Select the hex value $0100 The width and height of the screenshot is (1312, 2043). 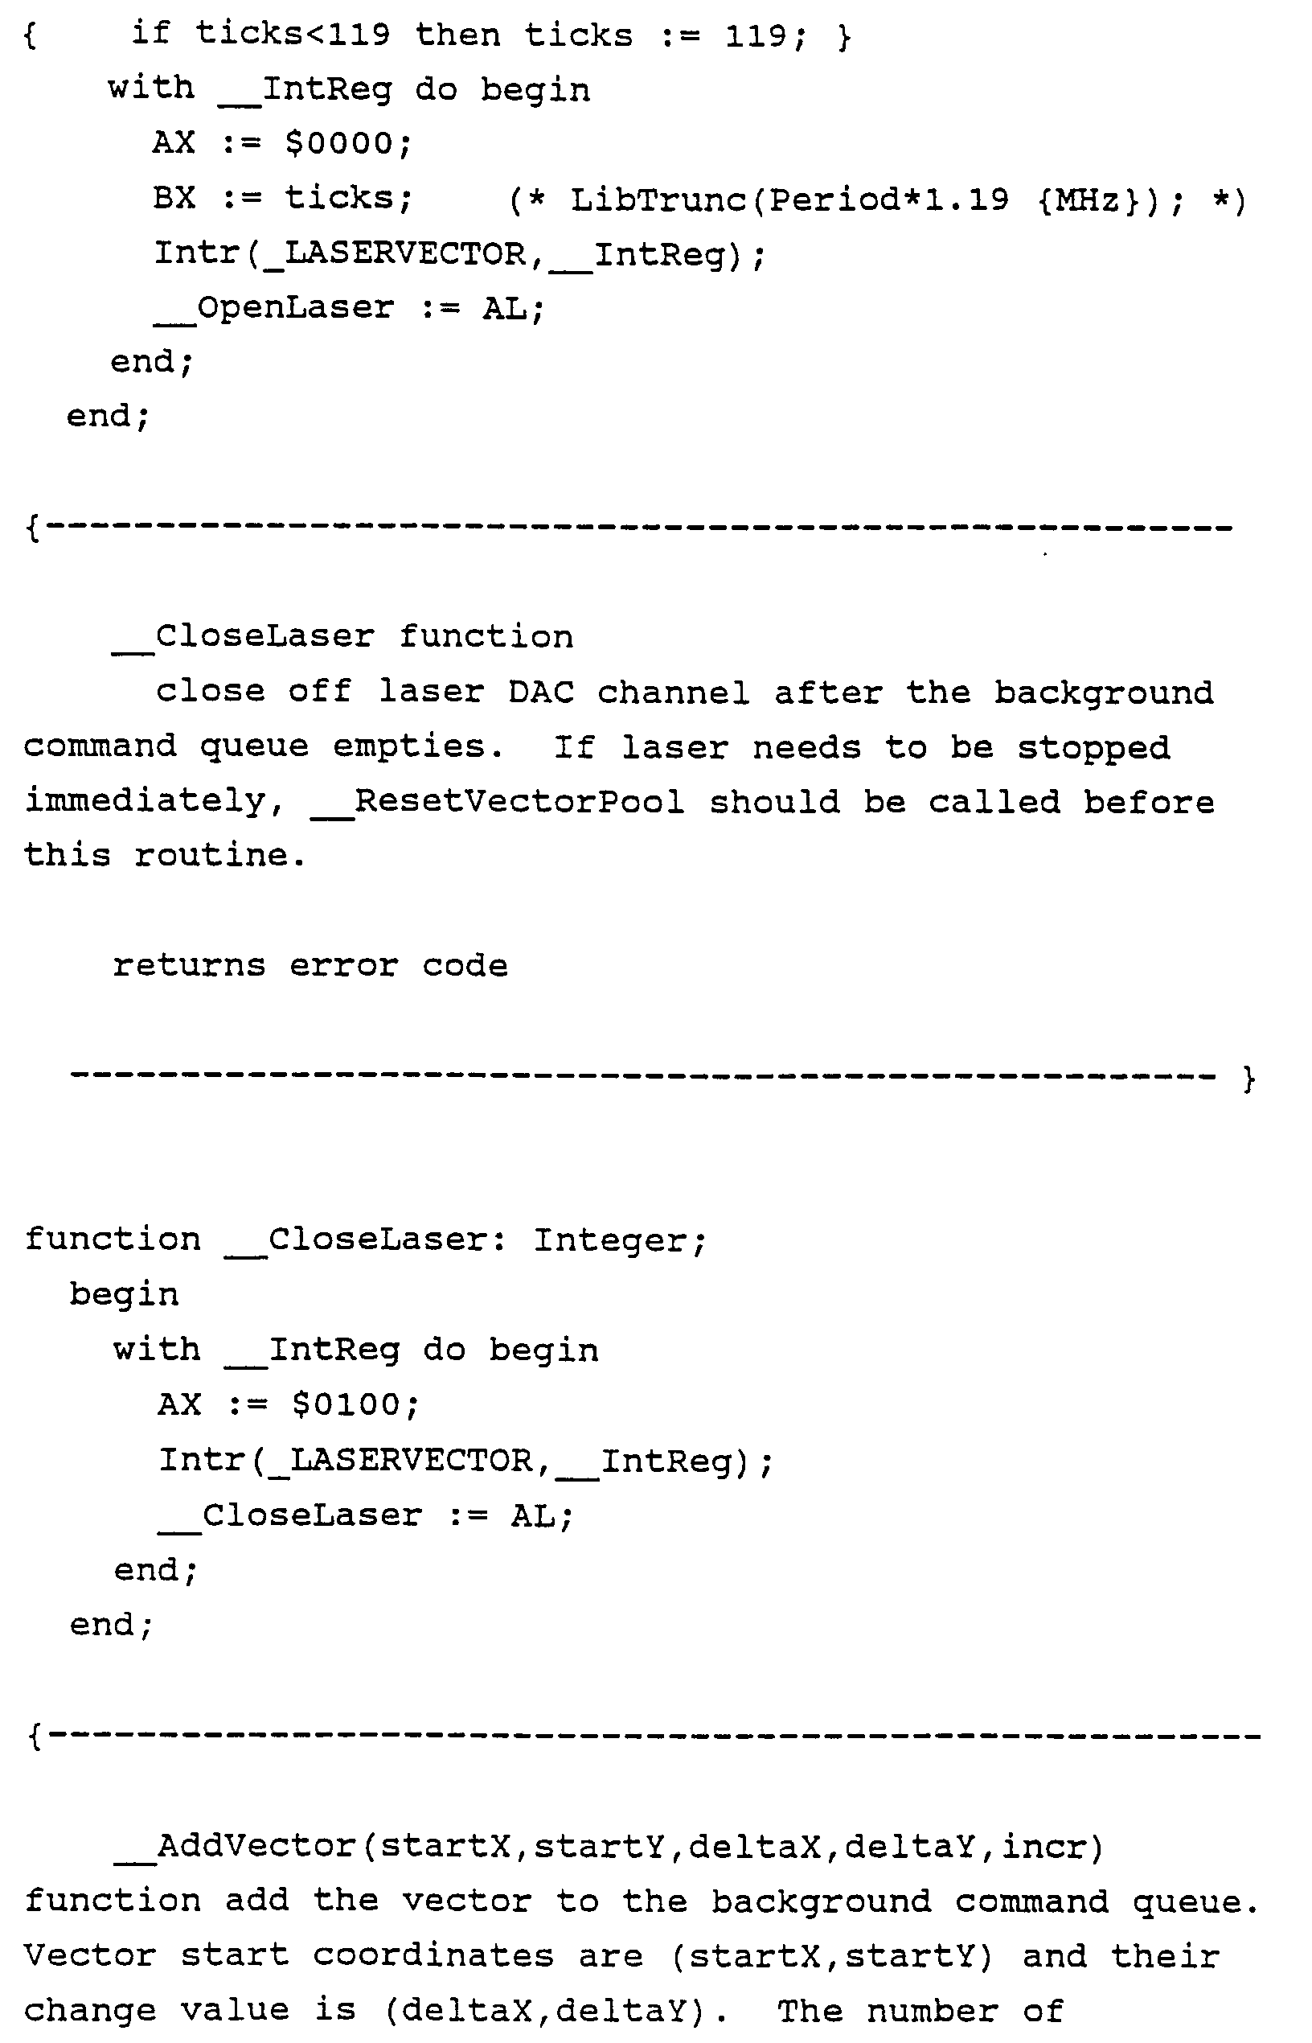[x=355, y=1404]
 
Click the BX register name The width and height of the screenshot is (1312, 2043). [x=174, y=198]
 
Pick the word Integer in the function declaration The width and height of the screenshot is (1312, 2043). [x=619, y=1240]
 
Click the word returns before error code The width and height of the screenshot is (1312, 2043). [x=189, y=966]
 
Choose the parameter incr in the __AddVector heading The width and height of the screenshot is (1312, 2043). [x=1052, y=1846]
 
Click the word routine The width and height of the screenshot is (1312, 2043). [x=219, y=855]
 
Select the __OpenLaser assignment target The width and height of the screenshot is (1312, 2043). [x=273, y=308]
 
